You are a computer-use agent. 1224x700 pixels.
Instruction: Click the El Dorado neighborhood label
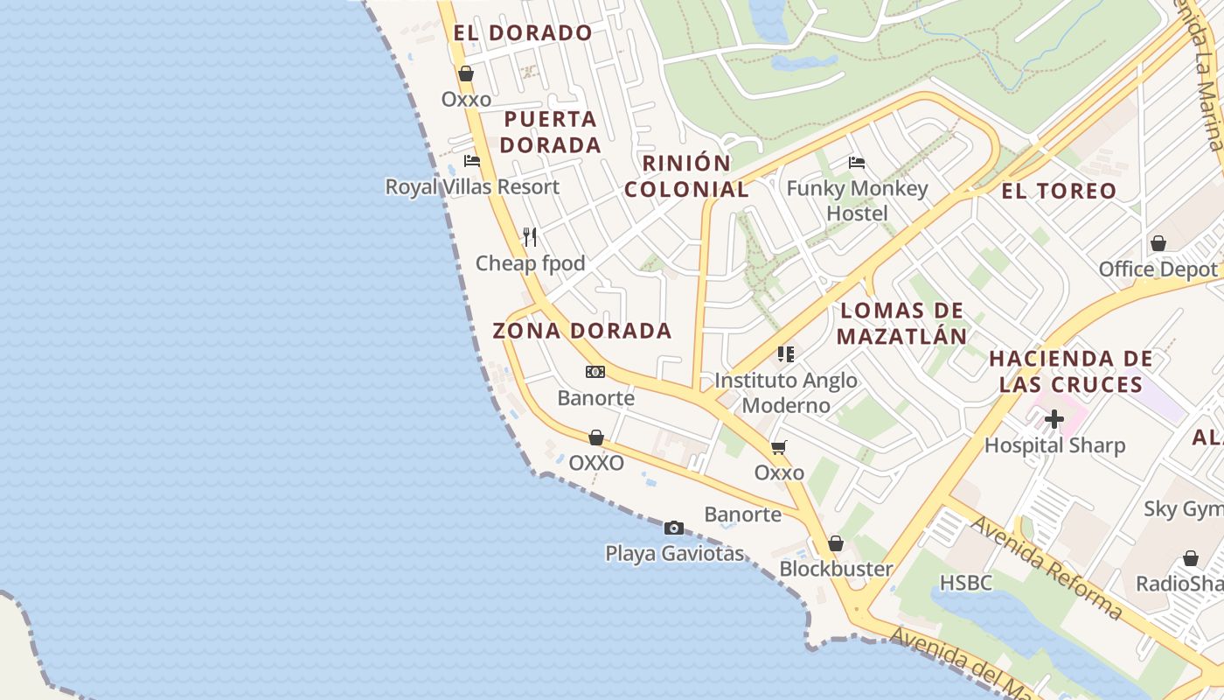(x=523, y=33)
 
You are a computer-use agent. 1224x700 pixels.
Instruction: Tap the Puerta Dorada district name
(x=551, y=132)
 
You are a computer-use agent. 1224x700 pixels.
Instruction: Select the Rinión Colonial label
(x=686, y=176)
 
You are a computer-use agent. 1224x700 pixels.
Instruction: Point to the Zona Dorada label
(x=582, y=331)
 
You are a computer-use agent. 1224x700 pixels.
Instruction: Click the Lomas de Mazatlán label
(x=901, y=323)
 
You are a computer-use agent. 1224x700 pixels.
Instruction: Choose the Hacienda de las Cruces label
(x=1071, y=371)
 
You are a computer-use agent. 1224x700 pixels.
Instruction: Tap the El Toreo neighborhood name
(x=1059, y=191)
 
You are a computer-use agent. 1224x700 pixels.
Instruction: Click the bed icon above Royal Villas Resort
(x=472, y=161)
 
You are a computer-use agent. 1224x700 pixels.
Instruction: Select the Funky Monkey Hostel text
(x=857, y=200)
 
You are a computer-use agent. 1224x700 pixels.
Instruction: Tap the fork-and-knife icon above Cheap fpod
(x=530, y=236)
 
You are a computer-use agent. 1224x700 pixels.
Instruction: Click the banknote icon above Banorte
(x=595, y=372)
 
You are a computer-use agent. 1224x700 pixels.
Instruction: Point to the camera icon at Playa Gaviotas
(x=674, y=528)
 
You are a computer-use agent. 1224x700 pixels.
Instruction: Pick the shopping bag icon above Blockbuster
(x=836, y=543)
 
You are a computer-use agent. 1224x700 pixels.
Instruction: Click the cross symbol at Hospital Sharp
(x=1054, y=419)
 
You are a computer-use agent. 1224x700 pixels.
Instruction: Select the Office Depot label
(x=1158, y=269)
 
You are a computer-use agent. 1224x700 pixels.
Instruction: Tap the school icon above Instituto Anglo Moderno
(x=786, y=354)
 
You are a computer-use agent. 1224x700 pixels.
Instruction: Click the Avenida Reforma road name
(x=1046, y=567)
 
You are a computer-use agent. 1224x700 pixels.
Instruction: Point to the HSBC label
(x=966, y=583)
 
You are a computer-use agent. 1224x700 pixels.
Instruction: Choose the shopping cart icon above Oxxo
(x=779, y=447)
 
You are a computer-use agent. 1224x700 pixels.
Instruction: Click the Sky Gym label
(x=1183, y=508)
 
